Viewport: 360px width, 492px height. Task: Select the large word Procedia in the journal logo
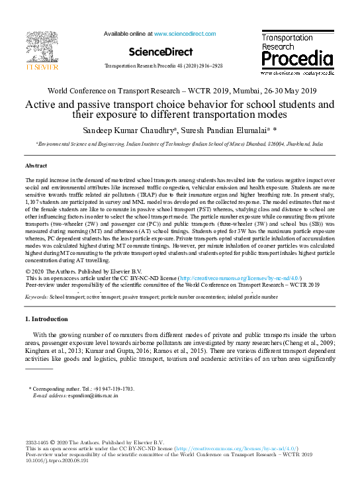(297, 60)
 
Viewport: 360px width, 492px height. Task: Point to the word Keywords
(37, 298)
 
